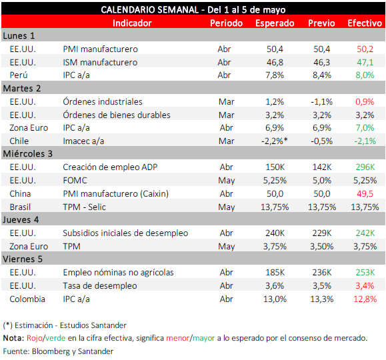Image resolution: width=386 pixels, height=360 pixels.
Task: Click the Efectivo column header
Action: point(365,23)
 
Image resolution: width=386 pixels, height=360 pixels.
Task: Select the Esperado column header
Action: point(275,23)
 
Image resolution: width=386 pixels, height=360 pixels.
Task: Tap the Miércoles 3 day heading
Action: point(27,153)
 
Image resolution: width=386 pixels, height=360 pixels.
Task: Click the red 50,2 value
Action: point(365,49)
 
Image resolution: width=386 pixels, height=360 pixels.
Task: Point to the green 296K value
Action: point(365,167)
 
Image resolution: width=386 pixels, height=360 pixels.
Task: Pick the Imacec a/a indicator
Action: point(83,141)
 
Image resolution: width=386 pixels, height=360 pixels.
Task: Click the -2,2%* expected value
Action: point(275,141)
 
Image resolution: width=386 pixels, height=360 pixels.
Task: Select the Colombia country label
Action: point(27,299)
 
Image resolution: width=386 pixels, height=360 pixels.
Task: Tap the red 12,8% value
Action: point(365,299)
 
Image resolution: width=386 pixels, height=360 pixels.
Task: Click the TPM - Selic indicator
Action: point(84,207)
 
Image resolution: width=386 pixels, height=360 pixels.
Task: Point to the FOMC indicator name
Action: point(75,181)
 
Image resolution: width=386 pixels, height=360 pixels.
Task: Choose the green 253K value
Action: point(365,273)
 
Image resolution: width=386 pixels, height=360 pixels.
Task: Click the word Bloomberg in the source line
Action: point(51,351)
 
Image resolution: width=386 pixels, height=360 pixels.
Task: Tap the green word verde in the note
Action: point(55,338)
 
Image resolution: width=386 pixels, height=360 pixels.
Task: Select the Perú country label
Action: point(19,75)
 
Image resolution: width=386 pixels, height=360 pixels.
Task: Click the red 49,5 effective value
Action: point(365,194)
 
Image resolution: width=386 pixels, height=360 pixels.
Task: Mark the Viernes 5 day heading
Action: point(23,259)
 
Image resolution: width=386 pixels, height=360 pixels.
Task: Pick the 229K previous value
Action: point(322,233)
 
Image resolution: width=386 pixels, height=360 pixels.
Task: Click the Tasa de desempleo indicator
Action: point(100,285)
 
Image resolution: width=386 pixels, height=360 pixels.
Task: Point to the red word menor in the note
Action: point(177,338)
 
